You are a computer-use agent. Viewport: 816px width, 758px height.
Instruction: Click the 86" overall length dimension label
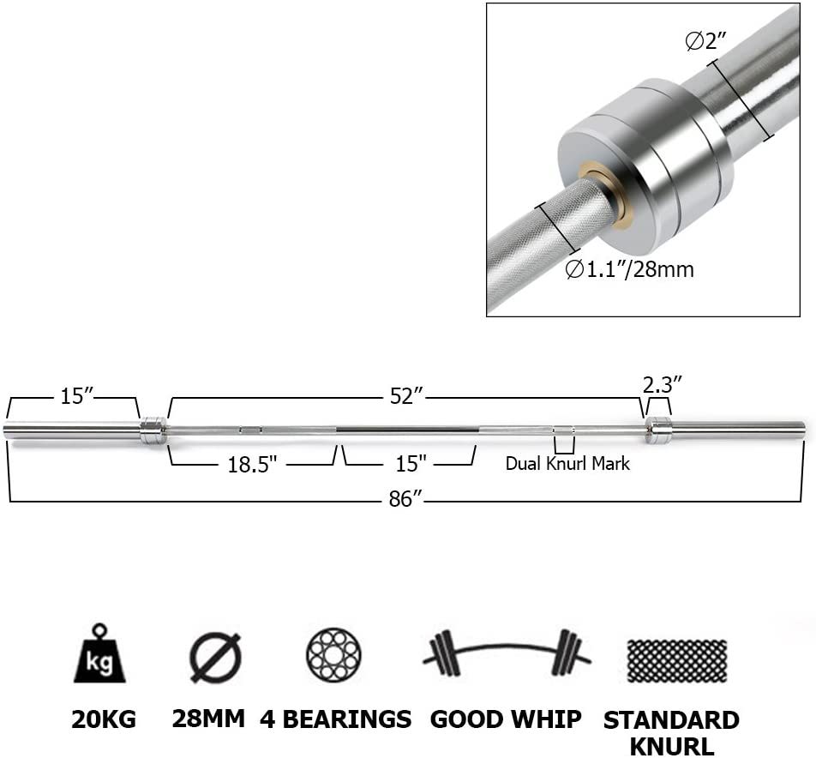401,499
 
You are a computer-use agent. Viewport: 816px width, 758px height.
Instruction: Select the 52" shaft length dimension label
407,396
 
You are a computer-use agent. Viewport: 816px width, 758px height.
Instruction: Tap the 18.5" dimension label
251,464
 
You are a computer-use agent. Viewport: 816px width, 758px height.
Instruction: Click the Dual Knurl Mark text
567,464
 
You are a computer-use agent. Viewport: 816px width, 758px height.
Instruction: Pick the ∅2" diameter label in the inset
705,41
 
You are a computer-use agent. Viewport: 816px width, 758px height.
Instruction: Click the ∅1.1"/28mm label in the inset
629,269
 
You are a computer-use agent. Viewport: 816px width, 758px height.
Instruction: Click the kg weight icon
99,655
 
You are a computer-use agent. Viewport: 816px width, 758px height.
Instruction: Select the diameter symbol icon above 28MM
215,658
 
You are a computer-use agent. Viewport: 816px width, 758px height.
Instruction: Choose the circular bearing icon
333,656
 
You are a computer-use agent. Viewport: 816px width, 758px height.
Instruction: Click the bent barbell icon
507,656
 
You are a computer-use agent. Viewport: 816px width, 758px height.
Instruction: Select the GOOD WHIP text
506,719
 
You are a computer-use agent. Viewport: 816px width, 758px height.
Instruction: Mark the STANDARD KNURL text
671,732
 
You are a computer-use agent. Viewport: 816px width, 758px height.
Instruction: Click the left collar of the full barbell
153,430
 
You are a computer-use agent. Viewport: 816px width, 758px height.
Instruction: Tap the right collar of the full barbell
657,430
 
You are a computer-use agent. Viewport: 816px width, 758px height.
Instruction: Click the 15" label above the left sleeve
76,396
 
